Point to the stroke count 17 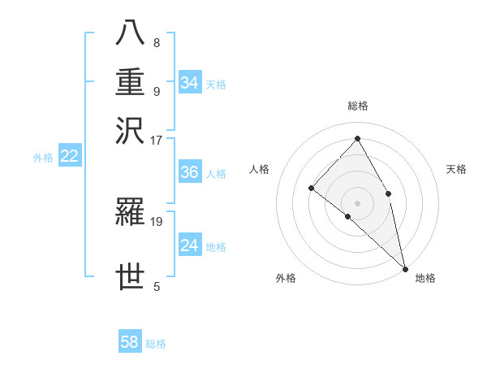(x=156, y=140)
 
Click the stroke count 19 (x=157, y=220)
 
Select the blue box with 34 (x=189, y=83)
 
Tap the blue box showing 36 (x=189, y=172)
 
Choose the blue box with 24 (x=189, y=245)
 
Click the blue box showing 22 (x=69, y=157)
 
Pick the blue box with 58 (x=130, y=342)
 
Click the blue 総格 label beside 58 (x=156, y=344)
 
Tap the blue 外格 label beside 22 (x=43, y=158)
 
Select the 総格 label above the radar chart (x=357, y=106)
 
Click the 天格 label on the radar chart (x=456, y=169)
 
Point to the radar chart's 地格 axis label (x=425, y=279)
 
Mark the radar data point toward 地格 (x=404, y=268)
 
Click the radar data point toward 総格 (x=357, y=138)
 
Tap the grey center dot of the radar (x=357, y=202)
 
